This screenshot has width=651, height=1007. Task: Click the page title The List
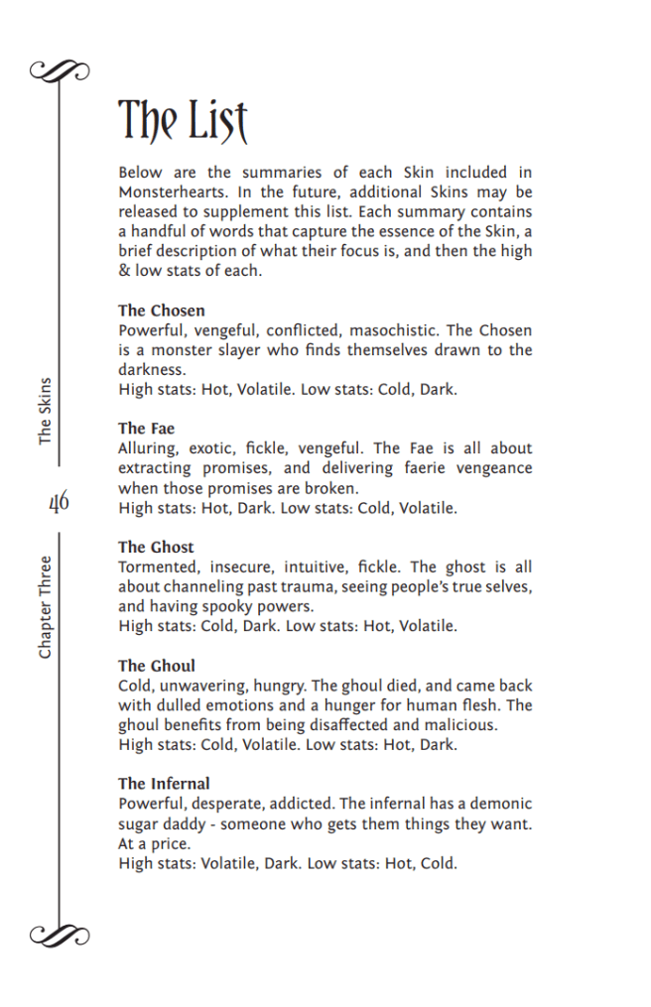click(183, 121)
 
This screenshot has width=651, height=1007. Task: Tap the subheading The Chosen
click(161, 311)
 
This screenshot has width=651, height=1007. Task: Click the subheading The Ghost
click(156, 547)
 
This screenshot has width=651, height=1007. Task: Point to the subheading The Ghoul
click(157, 666)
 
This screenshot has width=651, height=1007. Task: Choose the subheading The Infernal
click(164, 784)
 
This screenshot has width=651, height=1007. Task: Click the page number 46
click(59, 502)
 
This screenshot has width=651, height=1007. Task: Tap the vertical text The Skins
click(45, 410)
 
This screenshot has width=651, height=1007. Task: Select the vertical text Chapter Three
click(45, 606)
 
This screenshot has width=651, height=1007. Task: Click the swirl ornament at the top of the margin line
click(60, 69)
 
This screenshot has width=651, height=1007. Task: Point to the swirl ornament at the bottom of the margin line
click(60, 935)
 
